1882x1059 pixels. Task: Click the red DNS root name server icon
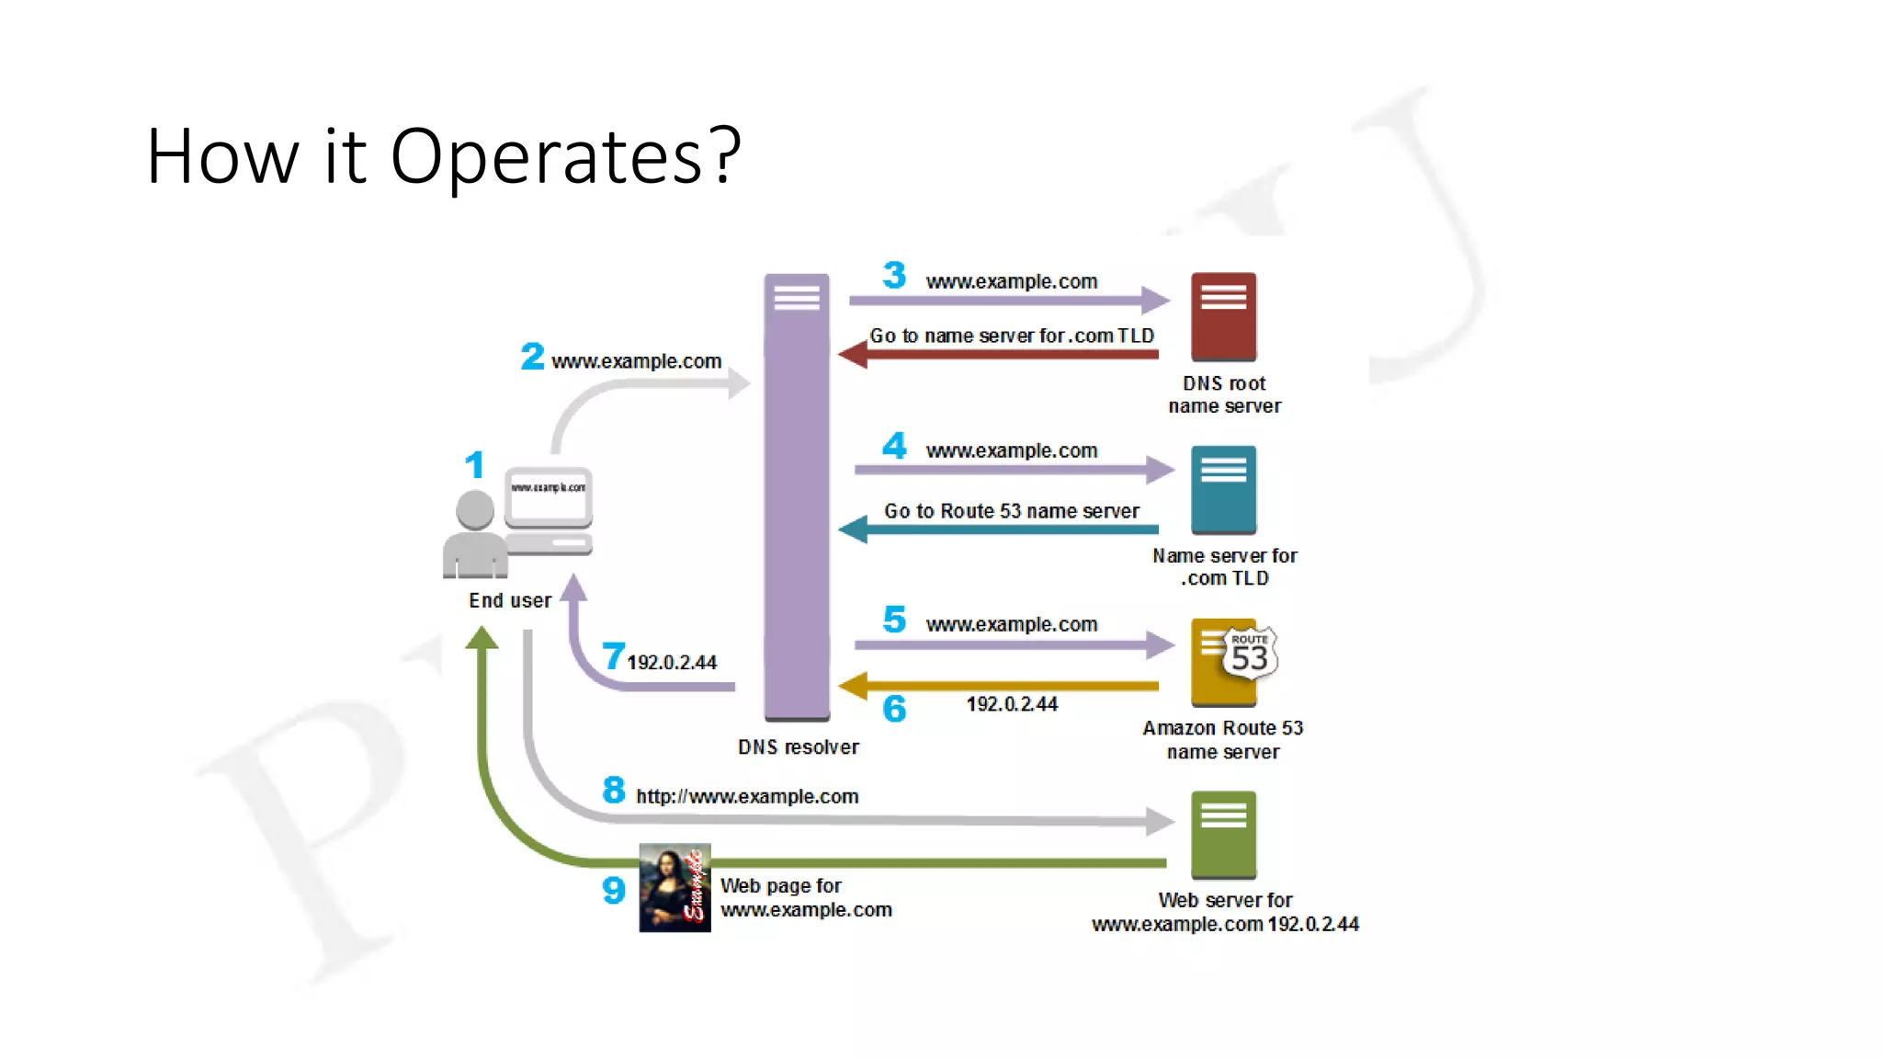[1223, 316]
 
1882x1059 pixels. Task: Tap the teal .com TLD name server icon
[1223, 489]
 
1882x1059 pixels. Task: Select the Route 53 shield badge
[1250, 653]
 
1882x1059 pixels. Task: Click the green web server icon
[1223, 835]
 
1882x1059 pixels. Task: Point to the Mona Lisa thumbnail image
[675, 888]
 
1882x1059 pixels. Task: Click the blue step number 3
[894, 275]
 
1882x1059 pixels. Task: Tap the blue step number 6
[894, 709]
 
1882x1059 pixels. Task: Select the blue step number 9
[614, 890]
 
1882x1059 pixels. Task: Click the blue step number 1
[474, 465]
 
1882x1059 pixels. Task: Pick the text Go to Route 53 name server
[1011, 511]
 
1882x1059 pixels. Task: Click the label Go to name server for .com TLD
[1011, 336]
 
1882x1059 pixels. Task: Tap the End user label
[510, 601]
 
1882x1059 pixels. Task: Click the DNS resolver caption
[798, 747]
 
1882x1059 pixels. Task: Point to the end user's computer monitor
[548, 497]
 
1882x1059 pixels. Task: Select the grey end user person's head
[475, 509]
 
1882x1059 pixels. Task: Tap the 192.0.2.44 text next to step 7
[672, 663]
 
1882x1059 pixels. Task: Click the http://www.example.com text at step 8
[747, 797]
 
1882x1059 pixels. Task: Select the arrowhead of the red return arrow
[853, 354]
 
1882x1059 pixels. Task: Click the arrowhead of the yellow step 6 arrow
[853, 686]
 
